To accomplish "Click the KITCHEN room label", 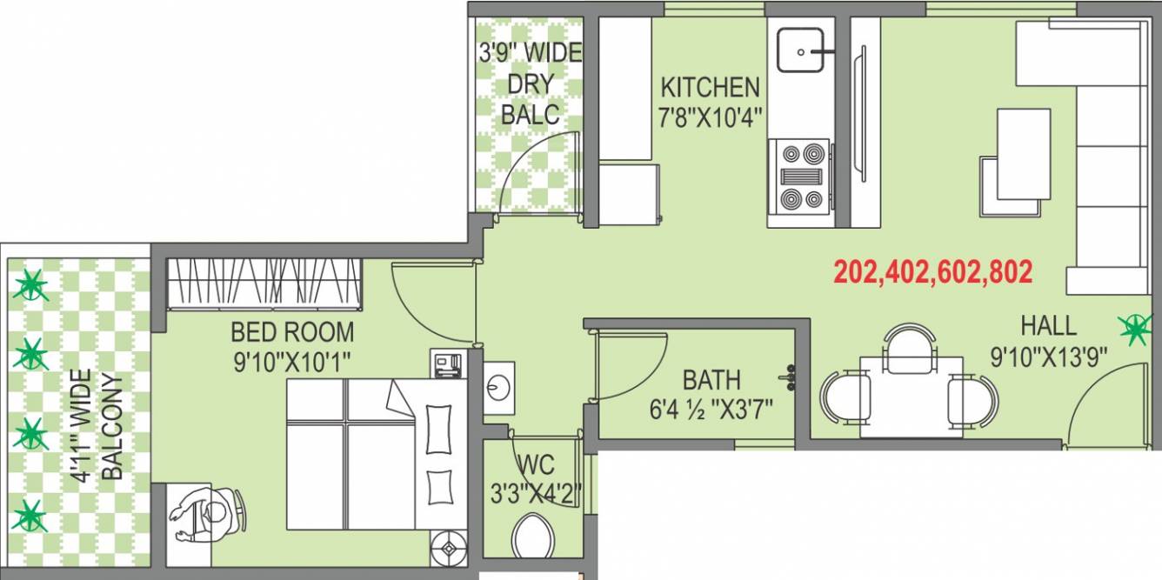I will coord(710,87).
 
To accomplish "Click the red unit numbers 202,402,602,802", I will coord(933,272).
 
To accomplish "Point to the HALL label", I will coord(1048,327).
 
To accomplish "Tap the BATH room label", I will coord(711,380).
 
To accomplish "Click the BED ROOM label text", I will coord(292,331).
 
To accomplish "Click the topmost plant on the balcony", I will coord(32,285).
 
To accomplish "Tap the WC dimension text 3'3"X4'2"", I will coord(533,492).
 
